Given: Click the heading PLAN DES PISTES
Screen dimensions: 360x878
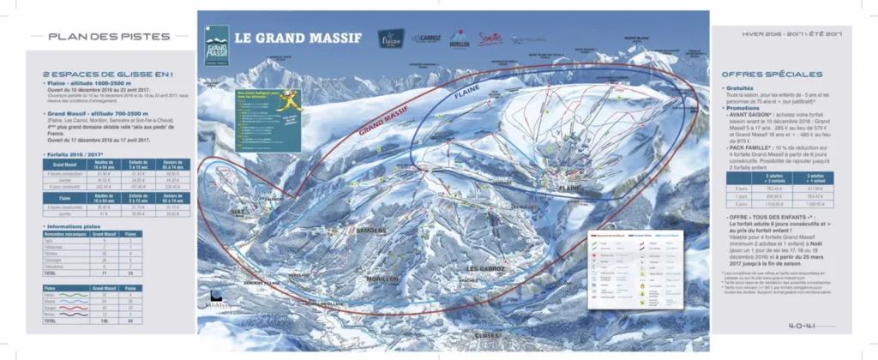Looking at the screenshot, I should click(x=87, y=37).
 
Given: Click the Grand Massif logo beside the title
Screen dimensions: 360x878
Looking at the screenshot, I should click(x=216, y=46).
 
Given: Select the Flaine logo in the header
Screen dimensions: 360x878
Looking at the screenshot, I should click(x=391, y=39).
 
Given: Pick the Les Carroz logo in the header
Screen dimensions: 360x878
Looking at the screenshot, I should click(x=426, y=39).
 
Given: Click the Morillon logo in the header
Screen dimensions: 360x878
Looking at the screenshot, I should click(x=460, y=39).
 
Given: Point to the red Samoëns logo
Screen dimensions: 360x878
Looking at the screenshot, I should click(x=490, y=39).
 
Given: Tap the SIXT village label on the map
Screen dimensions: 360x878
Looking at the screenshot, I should click(x=237, y=209).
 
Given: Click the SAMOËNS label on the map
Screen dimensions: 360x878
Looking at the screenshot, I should click(x=370, y=231).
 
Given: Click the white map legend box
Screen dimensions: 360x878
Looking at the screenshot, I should click(x=635, y=268).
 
